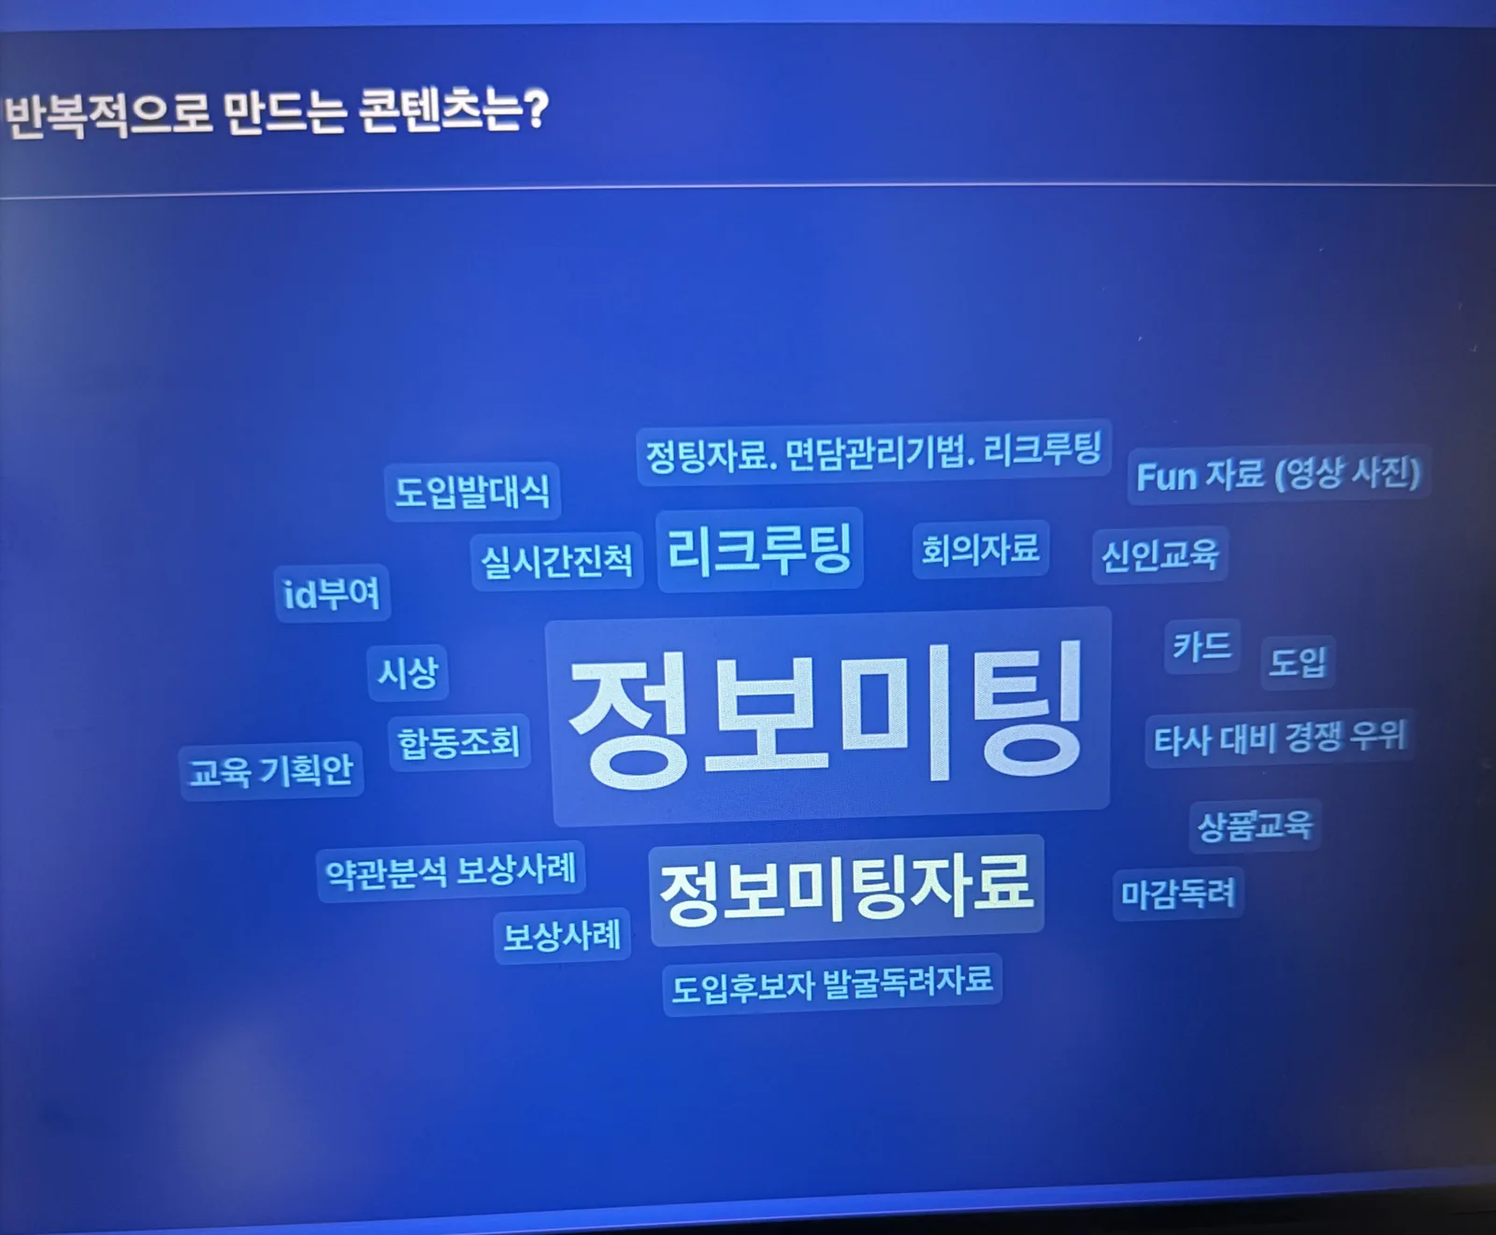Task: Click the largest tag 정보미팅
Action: (828, 716)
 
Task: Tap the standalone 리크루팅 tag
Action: (760, 550)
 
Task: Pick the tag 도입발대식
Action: (472, 492)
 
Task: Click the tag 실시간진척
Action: (557, 561)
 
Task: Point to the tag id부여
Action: (332, 593)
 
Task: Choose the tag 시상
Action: (407, 673)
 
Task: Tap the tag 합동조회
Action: (459, 742)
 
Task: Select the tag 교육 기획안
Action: (271, 771)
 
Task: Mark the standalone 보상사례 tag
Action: (562, 936)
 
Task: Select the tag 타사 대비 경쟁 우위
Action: (1279, 740)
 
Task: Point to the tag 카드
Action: (1202, 646)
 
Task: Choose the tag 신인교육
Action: (1159, 555)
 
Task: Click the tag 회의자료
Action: (981, 549)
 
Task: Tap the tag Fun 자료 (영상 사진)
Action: (1278, 474)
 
